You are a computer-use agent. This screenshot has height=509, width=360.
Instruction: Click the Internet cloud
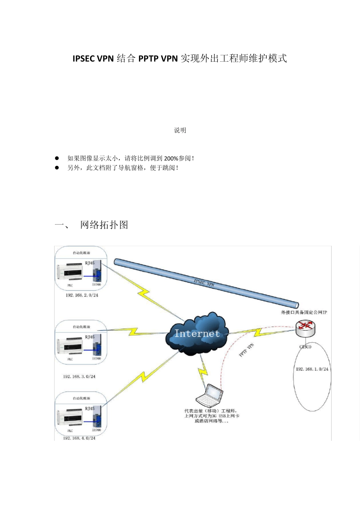click(197, 333)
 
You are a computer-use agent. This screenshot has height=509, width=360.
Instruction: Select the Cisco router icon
click(305, 328)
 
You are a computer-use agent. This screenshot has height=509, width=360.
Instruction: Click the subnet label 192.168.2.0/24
click(82, 295)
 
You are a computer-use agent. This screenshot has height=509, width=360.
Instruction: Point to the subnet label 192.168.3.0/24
click(79, 376)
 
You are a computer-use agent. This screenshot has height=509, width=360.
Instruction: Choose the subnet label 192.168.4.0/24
click(79, 438)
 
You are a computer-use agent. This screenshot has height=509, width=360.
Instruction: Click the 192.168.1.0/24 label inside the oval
click(312, 369)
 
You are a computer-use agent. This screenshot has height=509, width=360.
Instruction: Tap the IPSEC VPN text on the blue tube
click(204, 283)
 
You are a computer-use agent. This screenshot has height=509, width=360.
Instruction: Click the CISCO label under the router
click(305, 347)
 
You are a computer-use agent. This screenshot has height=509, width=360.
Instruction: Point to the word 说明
click(180, 130)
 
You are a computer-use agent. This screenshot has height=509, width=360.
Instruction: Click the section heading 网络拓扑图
click(104, 225)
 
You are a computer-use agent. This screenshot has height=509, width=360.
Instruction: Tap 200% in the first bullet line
click(171, 158)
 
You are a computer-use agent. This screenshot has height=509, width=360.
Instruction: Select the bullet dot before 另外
click(57, 167)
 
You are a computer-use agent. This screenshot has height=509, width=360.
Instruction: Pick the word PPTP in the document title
click(148, 58)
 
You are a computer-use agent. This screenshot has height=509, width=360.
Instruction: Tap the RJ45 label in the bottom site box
click(90, 409)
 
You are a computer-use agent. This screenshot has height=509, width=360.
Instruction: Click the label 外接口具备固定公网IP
click(304, 312)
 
